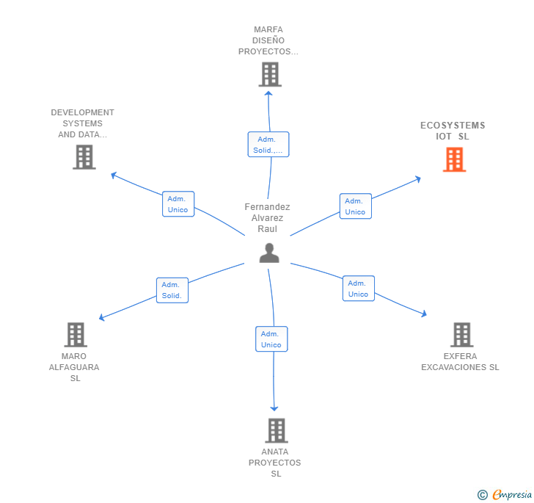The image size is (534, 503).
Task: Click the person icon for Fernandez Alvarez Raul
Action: pos(269,253)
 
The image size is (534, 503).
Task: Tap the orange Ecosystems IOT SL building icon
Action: pos(454,159)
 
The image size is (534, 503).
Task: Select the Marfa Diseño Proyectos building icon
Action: pos(270,74)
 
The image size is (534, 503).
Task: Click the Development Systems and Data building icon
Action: pos(84,156)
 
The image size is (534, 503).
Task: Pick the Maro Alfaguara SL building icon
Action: pos(75,335)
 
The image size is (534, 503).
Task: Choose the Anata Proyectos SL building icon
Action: pos(276,430)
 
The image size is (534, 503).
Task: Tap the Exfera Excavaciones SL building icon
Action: pos(461,335)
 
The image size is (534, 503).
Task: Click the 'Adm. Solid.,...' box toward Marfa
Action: pos(268,144)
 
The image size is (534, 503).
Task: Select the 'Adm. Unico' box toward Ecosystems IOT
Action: pos(355,206)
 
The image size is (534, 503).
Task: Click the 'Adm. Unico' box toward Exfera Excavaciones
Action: pos(358,289)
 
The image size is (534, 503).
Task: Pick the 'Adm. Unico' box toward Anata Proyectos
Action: pos(271,339)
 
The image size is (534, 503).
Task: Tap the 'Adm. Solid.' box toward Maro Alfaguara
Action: pos(172,290)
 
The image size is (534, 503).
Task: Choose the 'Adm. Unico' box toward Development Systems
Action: pos(178,204)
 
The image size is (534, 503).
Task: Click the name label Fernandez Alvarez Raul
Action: pos(267,218)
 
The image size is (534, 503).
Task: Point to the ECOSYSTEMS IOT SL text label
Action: pos(453,131)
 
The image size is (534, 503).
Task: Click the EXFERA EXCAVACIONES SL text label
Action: pos(460,362)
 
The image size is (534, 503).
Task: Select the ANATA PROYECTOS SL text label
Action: pos(275,463)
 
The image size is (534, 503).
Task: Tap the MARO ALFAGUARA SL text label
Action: pos(75,367)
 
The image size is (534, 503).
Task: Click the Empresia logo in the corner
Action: pos(505,495)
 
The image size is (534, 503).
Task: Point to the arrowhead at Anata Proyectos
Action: pos(275,408)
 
